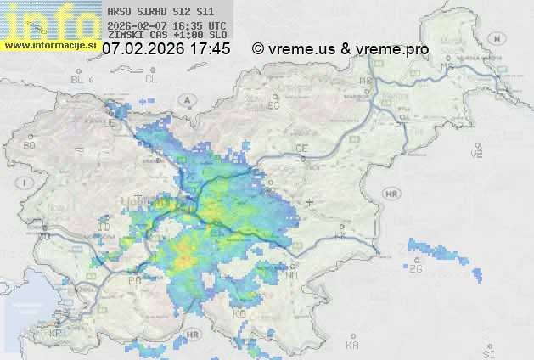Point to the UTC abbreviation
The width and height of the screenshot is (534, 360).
pos(216,25)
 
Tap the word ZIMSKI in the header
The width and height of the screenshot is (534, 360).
pos(126,36)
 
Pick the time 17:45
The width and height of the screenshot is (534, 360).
pos(210,49)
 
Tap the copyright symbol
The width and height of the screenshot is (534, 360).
pos(258,49)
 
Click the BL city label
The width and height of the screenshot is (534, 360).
pos(79,79)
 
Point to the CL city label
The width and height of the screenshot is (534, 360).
pos(151,79)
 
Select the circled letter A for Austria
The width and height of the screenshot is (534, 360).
pos(185,99)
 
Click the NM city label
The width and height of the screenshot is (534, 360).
pos(293,276)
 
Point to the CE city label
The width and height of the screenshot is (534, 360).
pos(301,149)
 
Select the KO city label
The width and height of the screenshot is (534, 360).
pos(239,313)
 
